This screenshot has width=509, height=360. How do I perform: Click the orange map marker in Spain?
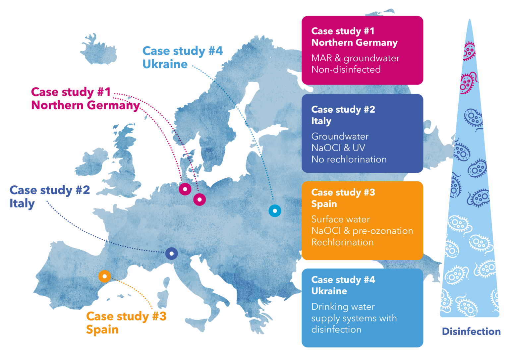(105, 276)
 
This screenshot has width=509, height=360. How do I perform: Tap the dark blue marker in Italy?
(171, 254)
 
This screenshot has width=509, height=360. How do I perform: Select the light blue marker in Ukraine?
(275, 210)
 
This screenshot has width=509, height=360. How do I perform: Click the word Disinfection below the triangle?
(471, 331)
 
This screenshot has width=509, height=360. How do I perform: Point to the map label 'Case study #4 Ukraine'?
(182, 57)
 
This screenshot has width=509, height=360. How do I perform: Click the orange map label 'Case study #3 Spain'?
(126, 323)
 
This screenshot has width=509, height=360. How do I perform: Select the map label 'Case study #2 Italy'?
(50, 196)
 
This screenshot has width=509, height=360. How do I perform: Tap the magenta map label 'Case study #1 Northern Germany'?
(85, 98)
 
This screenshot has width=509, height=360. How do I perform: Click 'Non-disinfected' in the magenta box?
(346, 70)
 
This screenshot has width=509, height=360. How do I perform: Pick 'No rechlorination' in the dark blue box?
(349, 159)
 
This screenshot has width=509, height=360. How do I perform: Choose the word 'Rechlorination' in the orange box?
(342, 242)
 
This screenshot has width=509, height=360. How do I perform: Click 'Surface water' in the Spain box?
(340, 219)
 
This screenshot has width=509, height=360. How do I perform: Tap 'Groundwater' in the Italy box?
(340, 137)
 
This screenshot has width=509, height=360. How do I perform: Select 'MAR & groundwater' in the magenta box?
(355, 58)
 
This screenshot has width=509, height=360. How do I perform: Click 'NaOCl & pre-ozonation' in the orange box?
(362, 231)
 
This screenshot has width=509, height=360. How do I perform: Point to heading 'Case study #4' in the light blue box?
(343, 280)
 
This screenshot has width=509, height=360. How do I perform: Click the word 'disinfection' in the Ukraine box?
(336, 330)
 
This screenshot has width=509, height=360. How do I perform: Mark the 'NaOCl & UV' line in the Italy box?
(338, 148)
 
